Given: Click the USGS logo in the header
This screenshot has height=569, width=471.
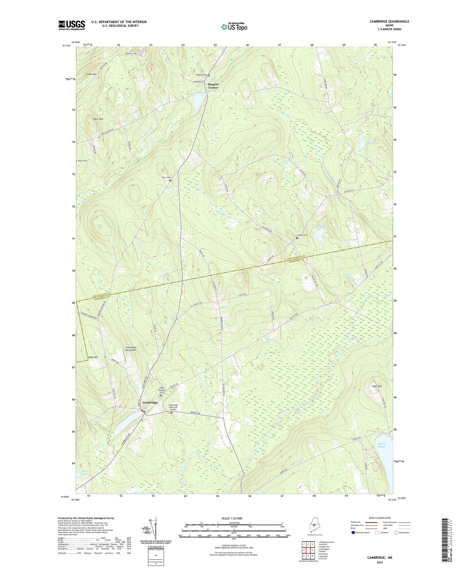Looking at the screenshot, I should [x=72, y=25].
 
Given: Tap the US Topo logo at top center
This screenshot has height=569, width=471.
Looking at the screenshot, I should [x=234, y=27].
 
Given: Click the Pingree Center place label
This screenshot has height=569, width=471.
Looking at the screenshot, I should [x=213, y=86].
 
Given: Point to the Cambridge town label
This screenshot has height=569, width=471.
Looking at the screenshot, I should [x=150, y=402].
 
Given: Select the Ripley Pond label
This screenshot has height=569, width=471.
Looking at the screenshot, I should [x=382, y=445].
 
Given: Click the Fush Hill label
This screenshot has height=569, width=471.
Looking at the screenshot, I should [x=376, y=386].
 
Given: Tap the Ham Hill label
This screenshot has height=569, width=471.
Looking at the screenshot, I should [x=93, y=357].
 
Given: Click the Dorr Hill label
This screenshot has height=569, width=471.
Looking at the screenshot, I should [x=98, y=119].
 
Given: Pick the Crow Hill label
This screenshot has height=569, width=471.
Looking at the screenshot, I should [x=91, y=74].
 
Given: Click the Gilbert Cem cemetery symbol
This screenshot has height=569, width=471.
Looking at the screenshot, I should [x=297, y=238].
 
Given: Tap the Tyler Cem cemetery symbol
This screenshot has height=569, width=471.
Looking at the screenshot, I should [x=170, y=181].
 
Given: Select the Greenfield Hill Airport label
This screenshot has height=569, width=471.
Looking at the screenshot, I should [x=130, y=349].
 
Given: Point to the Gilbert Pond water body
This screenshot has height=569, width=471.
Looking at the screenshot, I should [x=318, y=233].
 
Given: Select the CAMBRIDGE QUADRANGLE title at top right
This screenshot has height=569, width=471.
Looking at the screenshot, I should [x=389, y=22].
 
